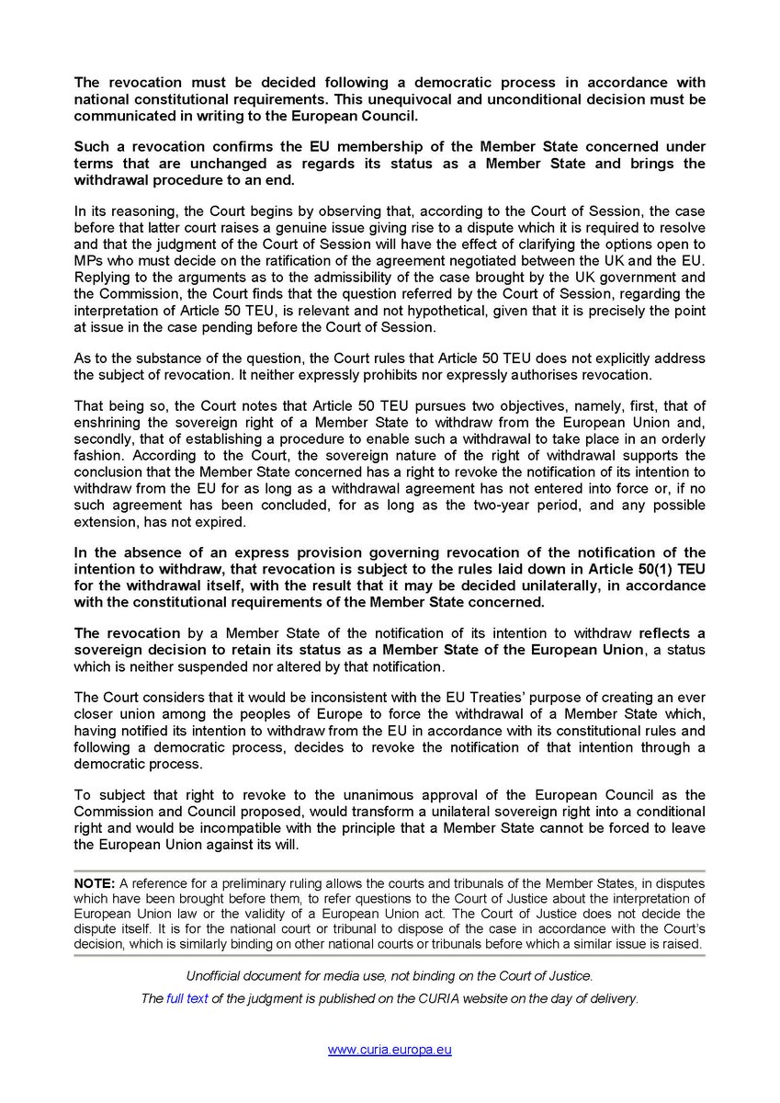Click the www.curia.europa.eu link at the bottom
(390, 1050)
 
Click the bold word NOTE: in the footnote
(95, 883)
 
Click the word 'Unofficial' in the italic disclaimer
(218, 974)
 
